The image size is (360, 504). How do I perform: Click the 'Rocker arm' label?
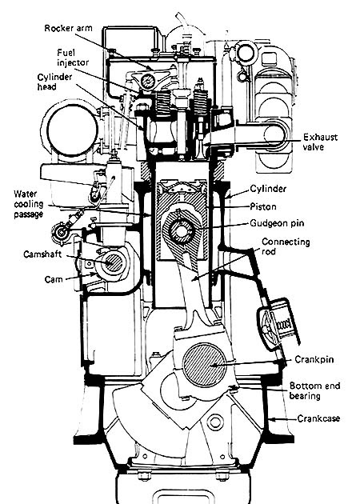(x=68, y=28)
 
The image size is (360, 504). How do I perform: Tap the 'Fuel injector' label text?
(x=73, y=58)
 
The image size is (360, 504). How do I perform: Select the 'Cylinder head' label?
(x=54, y=82)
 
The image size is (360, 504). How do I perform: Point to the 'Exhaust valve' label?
(x=320, y=142)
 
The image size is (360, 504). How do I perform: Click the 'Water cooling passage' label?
(x=29, y=204)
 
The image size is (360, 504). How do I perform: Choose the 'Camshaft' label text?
(x=42, y=254)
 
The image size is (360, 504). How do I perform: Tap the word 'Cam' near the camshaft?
(x=54, y=279)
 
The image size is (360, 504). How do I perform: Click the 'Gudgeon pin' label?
(x=277, y=223)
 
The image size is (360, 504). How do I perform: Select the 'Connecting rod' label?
(x=286, y=246)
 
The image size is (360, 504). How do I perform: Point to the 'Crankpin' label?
(x=314, y=359)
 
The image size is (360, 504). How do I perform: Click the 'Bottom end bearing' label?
(x=314, y=390)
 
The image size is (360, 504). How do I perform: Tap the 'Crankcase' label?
(x=318, y=418)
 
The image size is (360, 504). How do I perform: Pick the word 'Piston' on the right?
(x=263, y=206)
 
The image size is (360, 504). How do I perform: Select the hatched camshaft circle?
(x=113, y=262)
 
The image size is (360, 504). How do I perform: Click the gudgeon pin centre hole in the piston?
(x=180, y=230)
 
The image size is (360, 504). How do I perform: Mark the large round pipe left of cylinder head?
(x=72, y=130)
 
